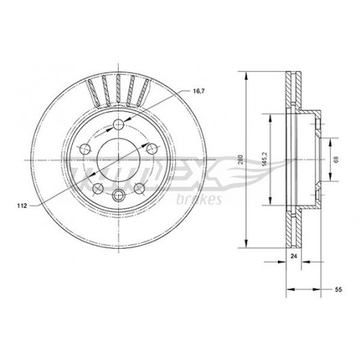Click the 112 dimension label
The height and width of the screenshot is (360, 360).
pos(22,206)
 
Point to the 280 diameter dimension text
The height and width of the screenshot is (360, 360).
pos(240,160)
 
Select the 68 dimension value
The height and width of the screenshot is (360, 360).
pos(336,160)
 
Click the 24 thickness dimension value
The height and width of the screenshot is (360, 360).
pos(293,256)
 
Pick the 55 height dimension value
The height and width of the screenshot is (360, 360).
pos(338,289)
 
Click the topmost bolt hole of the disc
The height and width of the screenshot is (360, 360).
pos(118,125)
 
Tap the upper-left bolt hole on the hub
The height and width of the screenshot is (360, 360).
pos(85,149)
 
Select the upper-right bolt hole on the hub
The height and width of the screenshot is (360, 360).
pos(152,149)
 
